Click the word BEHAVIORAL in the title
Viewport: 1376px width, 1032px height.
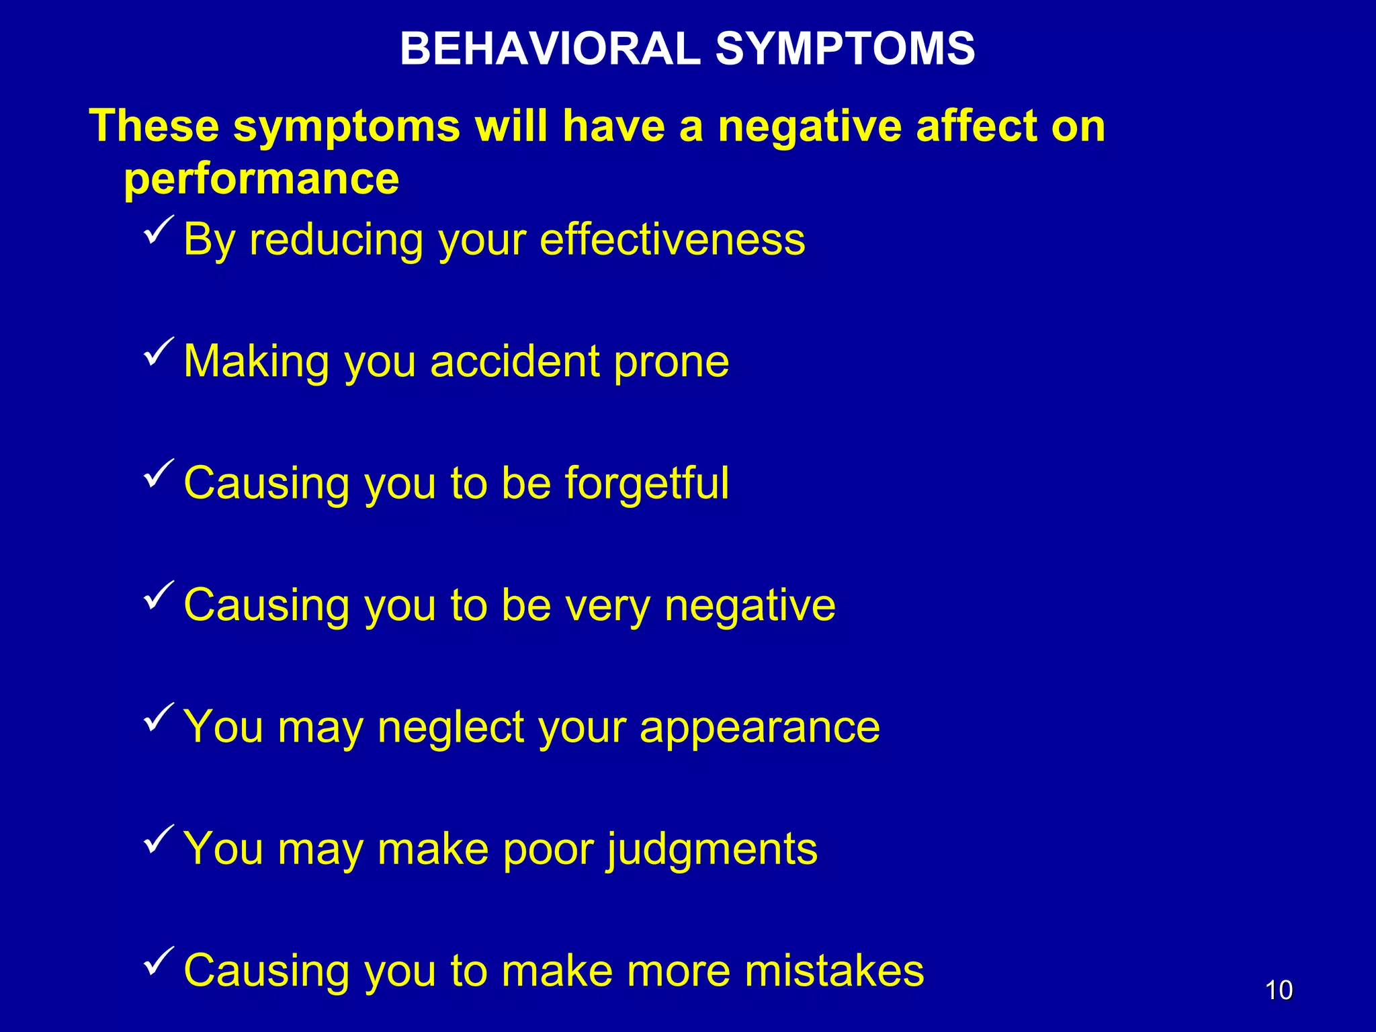[550, 49]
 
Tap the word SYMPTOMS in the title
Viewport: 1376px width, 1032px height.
[845, 49]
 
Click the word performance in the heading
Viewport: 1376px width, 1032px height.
[261, 179]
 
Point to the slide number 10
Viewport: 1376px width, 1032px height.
[1279, 990]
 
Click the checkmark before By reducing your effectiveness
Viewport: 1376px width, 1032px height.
[159, 230]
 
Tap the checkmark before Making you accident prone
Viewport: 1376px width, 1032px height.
[159, 353]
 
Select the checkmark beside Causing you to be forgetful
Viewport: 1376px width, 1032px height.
[159, 474]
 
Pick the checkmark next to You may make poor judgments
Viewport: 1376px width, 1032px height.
[159, 840]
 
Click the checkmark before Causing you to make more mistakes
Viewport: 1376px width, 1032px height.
[159, 961]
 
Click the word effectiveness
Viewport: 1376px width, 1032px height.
[672, 239]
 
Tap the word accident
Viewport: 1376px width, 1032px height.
[515, 361]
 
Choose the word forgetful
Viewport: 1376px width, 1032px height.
[646, 484]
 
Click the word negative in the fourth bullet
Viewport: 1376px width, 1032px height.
[750, 606]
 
